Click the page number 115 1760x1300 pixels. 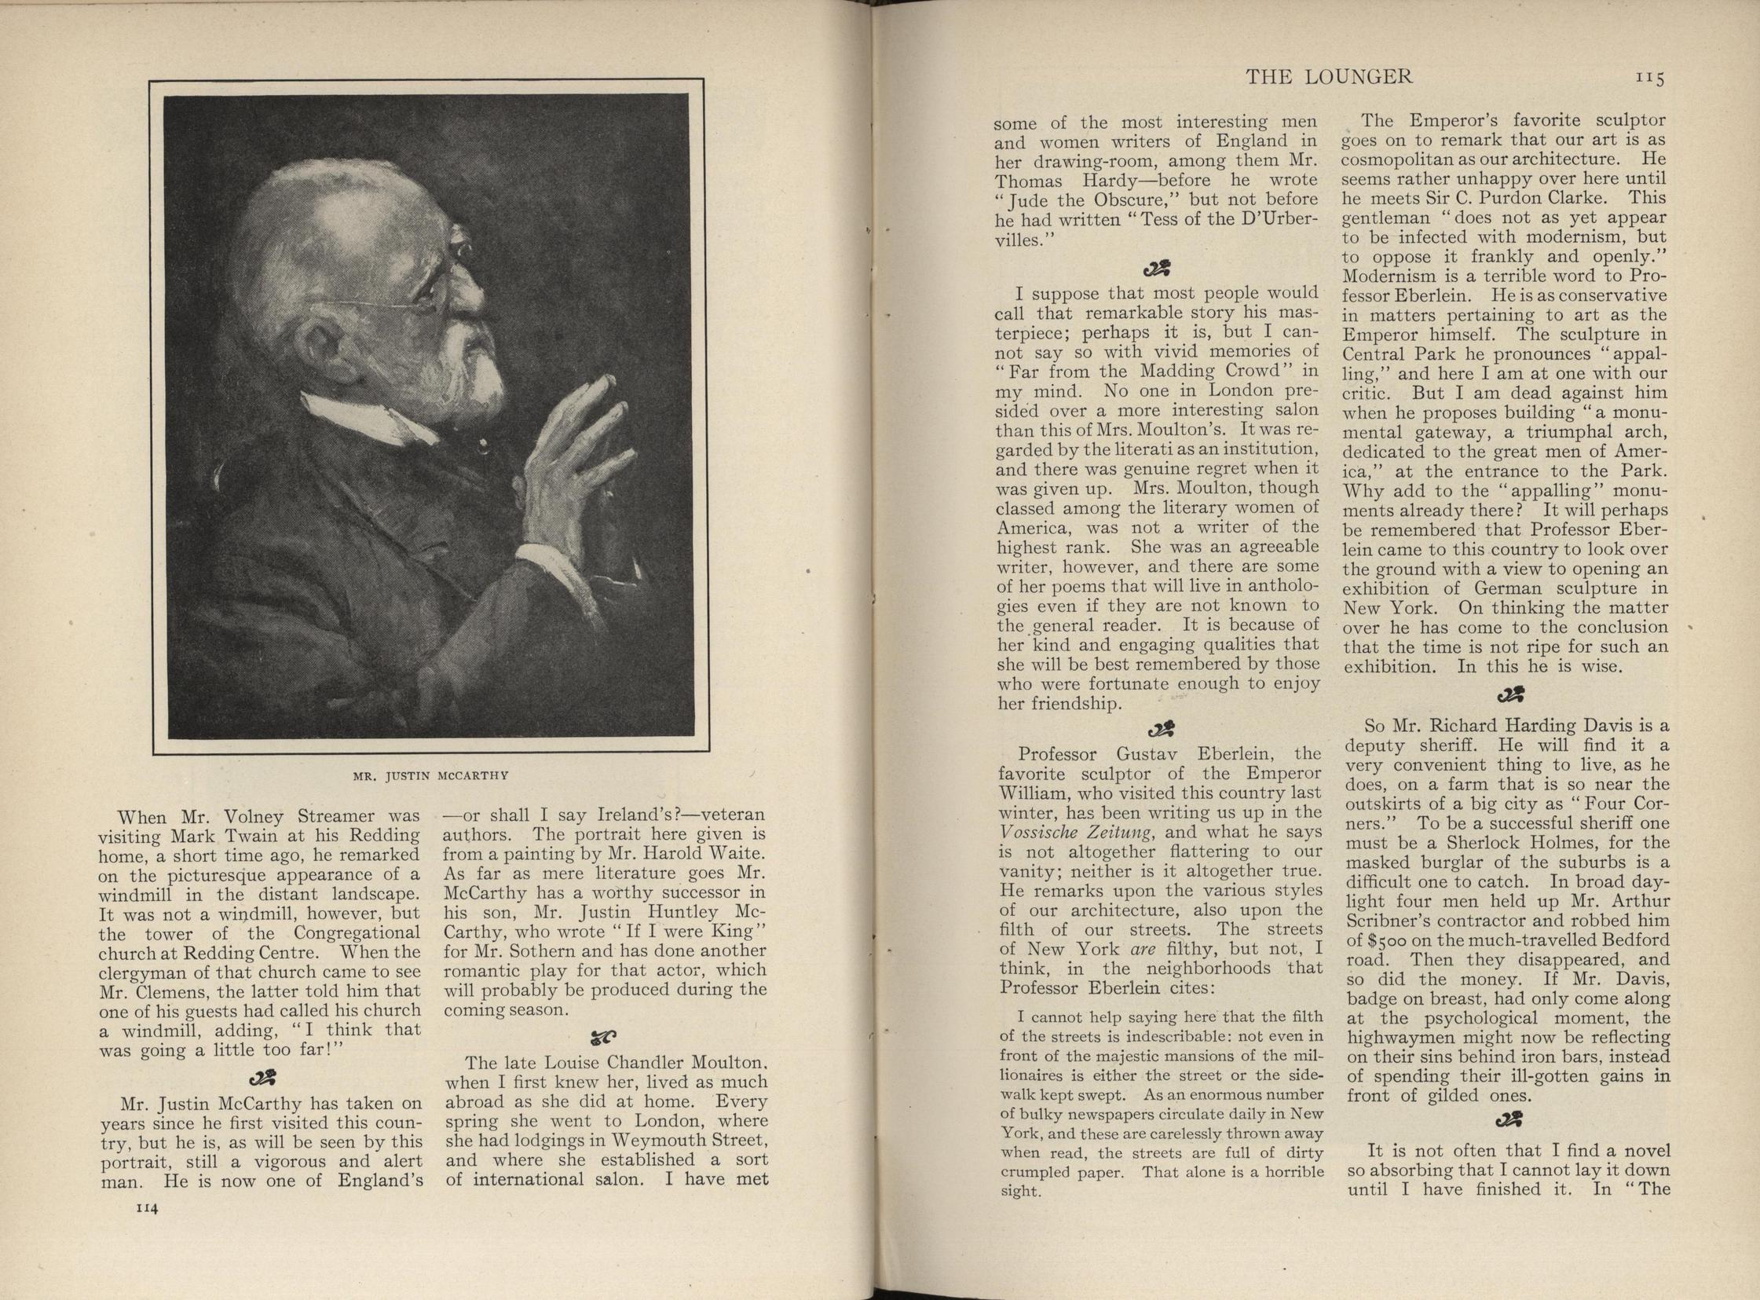coord(1652,78)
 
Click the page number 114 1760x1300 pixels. coord(148,1209)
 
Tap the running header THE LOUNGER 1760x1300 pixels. coord(1330,76)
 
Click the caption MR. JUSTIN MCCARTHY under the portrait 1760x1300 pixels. coord(430,775)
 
